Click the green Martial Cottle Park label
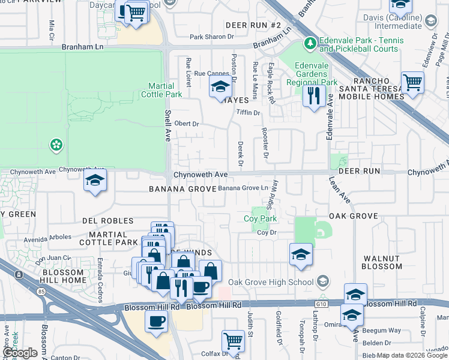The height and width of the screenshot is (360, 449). coord(161,90)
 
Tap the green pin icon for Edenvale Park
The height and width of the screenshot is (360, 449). coord(310,43)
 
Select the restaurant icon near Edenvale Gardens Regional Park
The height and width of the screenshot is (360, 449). coord(313,96)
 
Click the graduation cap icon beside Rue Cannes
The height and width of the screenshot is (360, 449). coord(220,88)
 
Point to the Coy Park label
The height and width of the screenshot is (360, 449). coord(260,219)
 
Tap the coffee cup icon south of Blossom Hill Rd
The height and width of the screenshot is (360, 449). coord(157,320)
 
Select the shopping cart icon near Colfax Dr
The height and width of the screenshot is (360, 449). coord(233,341)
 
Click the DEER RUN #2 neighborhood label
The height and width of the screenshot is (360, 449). coord(253,25)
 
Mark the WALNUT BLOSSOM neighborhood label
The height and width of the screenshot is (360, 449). coord(382,262)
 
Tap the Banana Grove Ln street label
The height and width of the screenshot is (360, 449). coord(243,188)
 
